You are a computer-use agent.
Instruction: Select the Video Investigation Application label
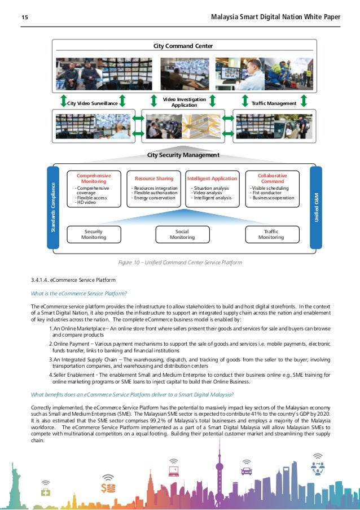click(184, 102)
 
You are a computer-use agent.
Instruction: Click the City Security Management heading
click(183, 154)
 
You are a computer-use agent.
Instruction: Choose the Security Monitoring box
click(94, 234)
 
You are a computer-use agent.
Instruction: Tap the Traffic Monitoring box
click(271, 234)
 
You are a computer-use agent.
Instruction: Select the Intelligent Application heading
click(212, 178)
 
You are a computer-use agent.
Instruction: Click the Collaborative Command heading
click(273, 178)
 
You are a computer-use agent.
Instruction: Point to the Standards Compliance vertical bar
click(53, 207)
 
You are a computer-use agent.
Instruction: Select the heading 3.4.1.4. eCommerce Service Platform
click(73, 280)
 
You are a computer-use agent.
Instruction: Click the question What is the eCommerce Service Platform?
click(79, 293)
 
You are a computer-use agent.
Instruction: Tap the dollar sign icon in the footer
click(108, 487)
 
